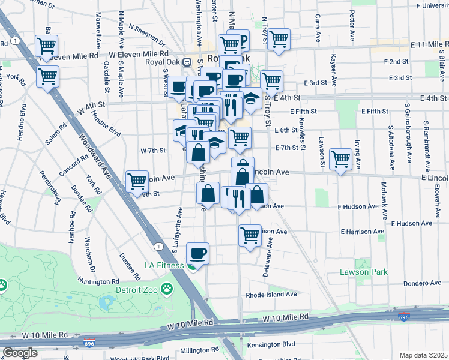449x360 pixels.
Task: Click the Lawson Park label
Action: [x=363, y=272]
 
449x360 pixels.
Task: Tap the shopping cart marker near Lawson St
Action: [x=340, y=160]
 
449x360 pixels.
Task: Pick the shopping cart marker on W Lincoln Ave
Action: [x=137, y=180]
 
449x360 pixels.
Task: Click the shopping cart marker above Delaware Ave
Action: [x=250, y=235]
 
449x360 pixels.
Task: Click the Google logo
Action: [x=19, y=353]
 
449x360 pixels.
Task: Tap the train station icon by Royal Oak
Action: [x=187, y=61]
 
